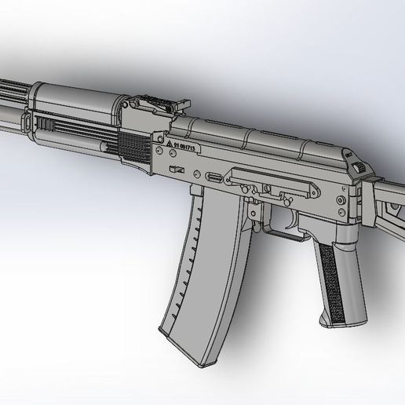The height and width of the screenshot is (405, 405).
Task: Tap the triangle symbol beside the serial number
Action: [168, 147]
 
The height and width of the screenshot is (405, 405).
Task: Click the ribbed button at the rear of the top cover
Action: [362, 167]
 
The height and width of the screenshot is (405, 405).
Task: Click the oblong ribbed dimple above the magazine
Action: [212, 176]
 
